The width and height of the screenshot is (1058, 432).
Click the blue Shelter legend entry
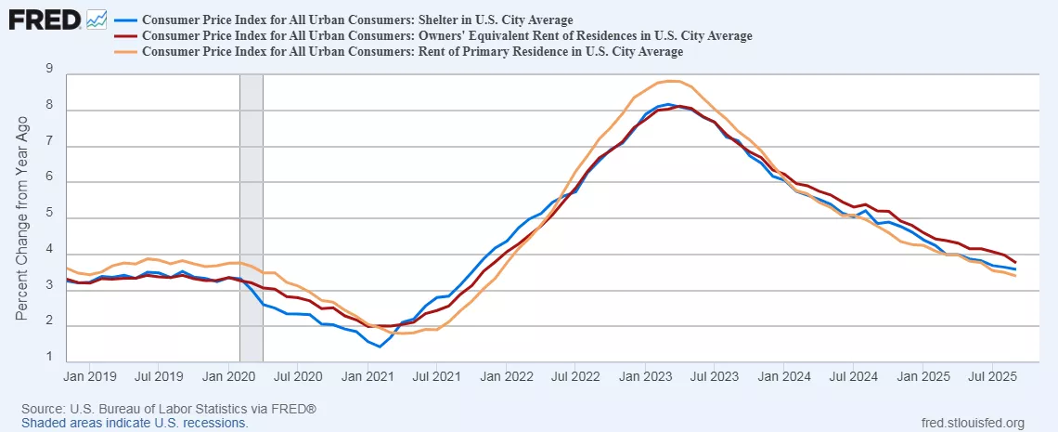(363, 20)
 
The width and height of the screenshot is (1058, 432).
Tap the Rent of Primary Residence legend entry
(419, 52)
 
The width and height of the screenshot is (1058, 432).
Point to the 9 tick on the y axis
(48, 68)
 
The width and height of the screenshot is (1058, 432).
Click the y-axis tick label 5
(48, 216)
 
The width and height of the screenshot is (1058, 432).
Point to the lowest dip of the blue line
(380, 347)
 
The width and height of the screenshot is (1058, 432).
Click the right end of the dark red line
(1014, 262)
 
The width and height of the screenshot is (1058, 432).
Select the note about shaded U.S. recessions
(135, 423)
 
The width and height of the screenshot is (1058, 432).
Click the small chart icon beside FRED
(97, 18)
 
